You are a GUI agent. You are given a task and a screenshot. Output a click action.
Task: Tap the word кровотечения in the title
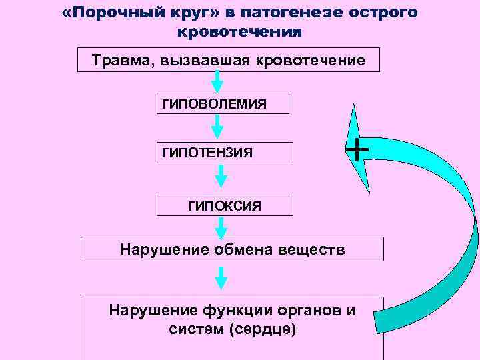[240, 31]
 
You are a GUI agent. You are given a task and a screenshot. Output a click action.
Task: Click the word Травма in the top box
[118, 61]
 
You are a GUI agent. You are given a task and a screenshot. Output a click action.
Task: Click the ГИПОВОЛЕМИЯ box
[223, 103]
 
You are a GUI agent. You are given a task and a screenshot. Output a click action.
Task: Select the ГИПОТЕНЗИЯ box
[225, 153]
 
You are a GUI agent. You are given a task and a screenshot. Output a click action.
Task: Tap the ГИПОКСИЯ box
[225, 205]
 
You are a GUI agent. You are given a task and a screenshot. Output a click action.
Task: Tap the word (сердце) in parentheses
[263, 329]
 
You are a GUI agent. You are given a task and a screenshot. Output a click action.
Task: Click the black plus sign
[357, 149]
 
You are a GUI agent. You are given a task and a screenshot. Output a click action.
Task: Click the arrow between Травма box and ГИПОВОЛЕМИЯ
[217, 82]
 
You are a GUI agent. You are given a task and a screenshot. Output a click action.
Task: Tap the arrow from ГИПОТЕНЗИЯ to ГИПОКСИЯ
[221, 177]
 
